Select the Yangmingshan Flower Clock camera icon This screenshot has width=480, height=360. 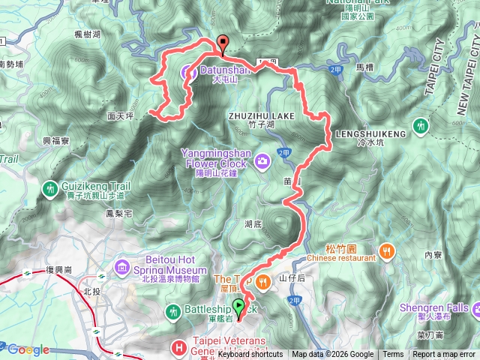pos(262,159)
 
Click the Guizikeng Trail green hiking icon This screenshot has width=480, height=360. pos(50,187)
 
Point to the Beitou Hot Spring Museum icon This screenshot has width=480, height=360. pos(122,265)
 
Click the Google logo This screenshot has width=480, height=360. pos(28,349)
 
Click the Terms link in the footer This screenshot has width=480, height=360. pos(393,355)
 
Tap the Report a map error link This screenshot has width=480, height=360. pos(444,355)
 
